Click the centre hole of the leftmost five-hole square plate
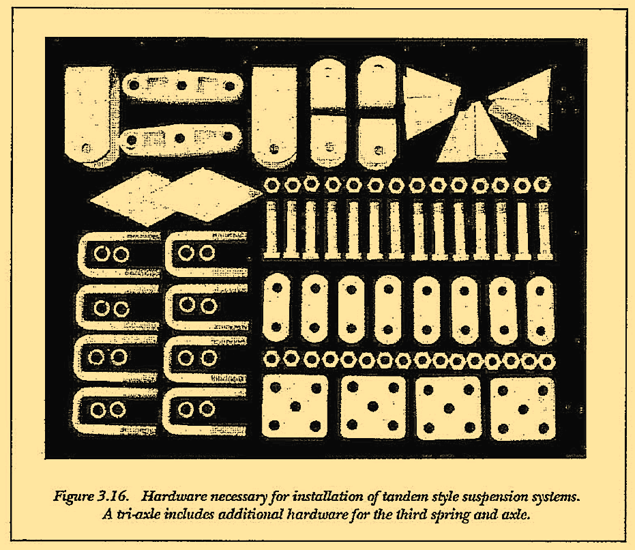tap(295, 406)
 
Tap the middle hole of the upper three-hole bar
tap(182, 85)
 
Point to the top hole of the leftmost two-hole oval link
tap(277, 288)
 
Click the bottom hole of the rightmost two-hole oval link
tap(540, 331)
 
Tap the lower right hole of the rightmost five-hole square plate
tap(544, 428)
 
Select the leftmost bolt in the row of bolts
tap(271, 229)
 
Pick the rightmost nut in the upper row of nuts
tap(542, 185)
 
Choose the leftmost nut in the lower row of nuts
tap(271, 359)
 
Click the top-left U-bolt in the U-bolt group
tap(118, 254)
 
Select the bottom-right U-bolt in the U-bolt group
tap(205, 410)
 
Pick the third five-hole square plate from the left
tap(448, 408)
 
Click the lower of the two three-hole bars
tap(181, 139)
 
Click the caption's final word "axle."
tap(516, 515)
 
